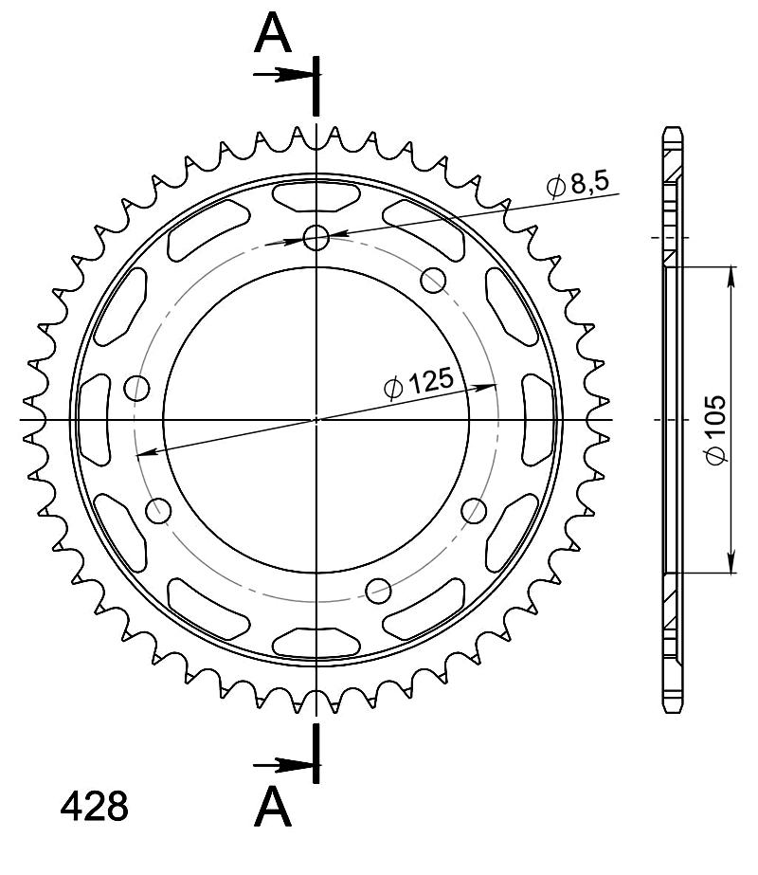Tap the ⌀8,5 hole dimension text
pyautogui.click(x=578, y=184)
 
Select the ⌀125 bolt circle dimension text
pyautogui.click(x=419, y=383)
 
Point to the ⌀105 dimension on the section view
pyautogui.click(x=716, y=429)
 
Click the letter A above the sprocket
pyautogui.click(x=273, y=33)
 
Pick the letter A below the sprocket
pyautogui.click(x=273, y=806)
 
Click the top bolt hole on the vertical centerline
pyautogui.click(x=316, y=238)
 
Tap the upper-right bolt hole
pyautogui.click(x=433, y=281)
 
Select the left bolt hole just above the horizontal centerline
pyautogui.click(x=136, y=388)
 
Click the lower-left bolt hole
pyautogui.click(x=158, y=511)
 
